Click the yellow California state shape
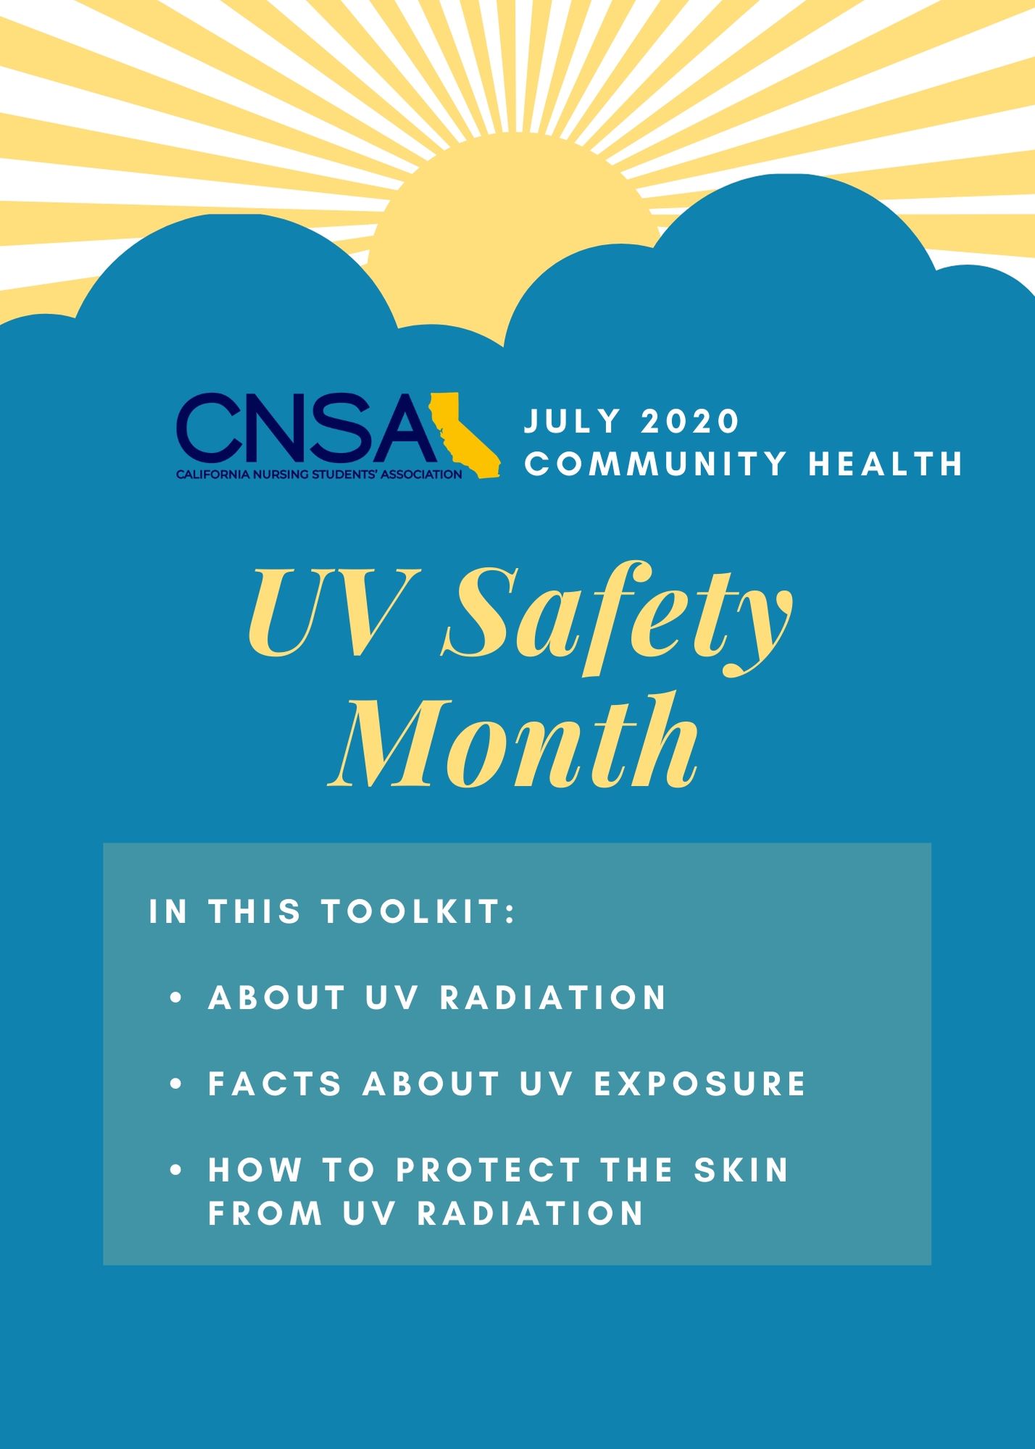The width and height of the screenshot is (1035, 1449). point(464,435)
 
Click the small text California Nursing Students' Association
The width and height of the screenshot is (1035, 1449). point(319,475)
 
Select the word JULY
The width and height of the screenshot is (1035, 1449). point(573,421)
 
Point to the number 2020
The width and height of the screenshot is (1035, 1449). point(690,421)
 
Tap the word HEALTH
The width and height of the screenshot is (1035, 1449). point(886,464)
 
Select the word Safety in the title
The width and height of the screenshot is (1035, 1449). point(618,622)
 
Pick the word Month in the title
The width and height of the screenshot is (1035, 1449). point(515,740)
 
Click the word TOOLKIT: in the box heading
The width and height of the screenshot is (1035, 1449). point(419,911)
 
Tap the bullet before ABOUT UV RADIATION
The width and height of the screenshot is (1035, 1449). point(175,998)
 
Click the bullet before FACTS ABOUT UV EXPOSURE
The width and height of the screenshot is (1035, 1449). point(175,1085)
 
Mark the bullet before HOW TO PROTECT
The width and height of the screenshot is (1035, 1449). point(175,1171)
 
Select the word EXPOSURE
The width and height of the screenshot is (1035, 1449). point(699,1084)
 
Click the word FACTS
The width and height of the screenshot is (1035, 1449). point(275,1084)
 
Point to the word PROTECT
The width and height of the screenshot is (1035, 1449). point(489,1170)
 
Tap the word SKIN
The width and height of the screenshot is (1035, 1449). point(741,1170)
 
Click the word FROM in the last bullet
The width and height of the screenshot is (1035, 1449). point(265,1213)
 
